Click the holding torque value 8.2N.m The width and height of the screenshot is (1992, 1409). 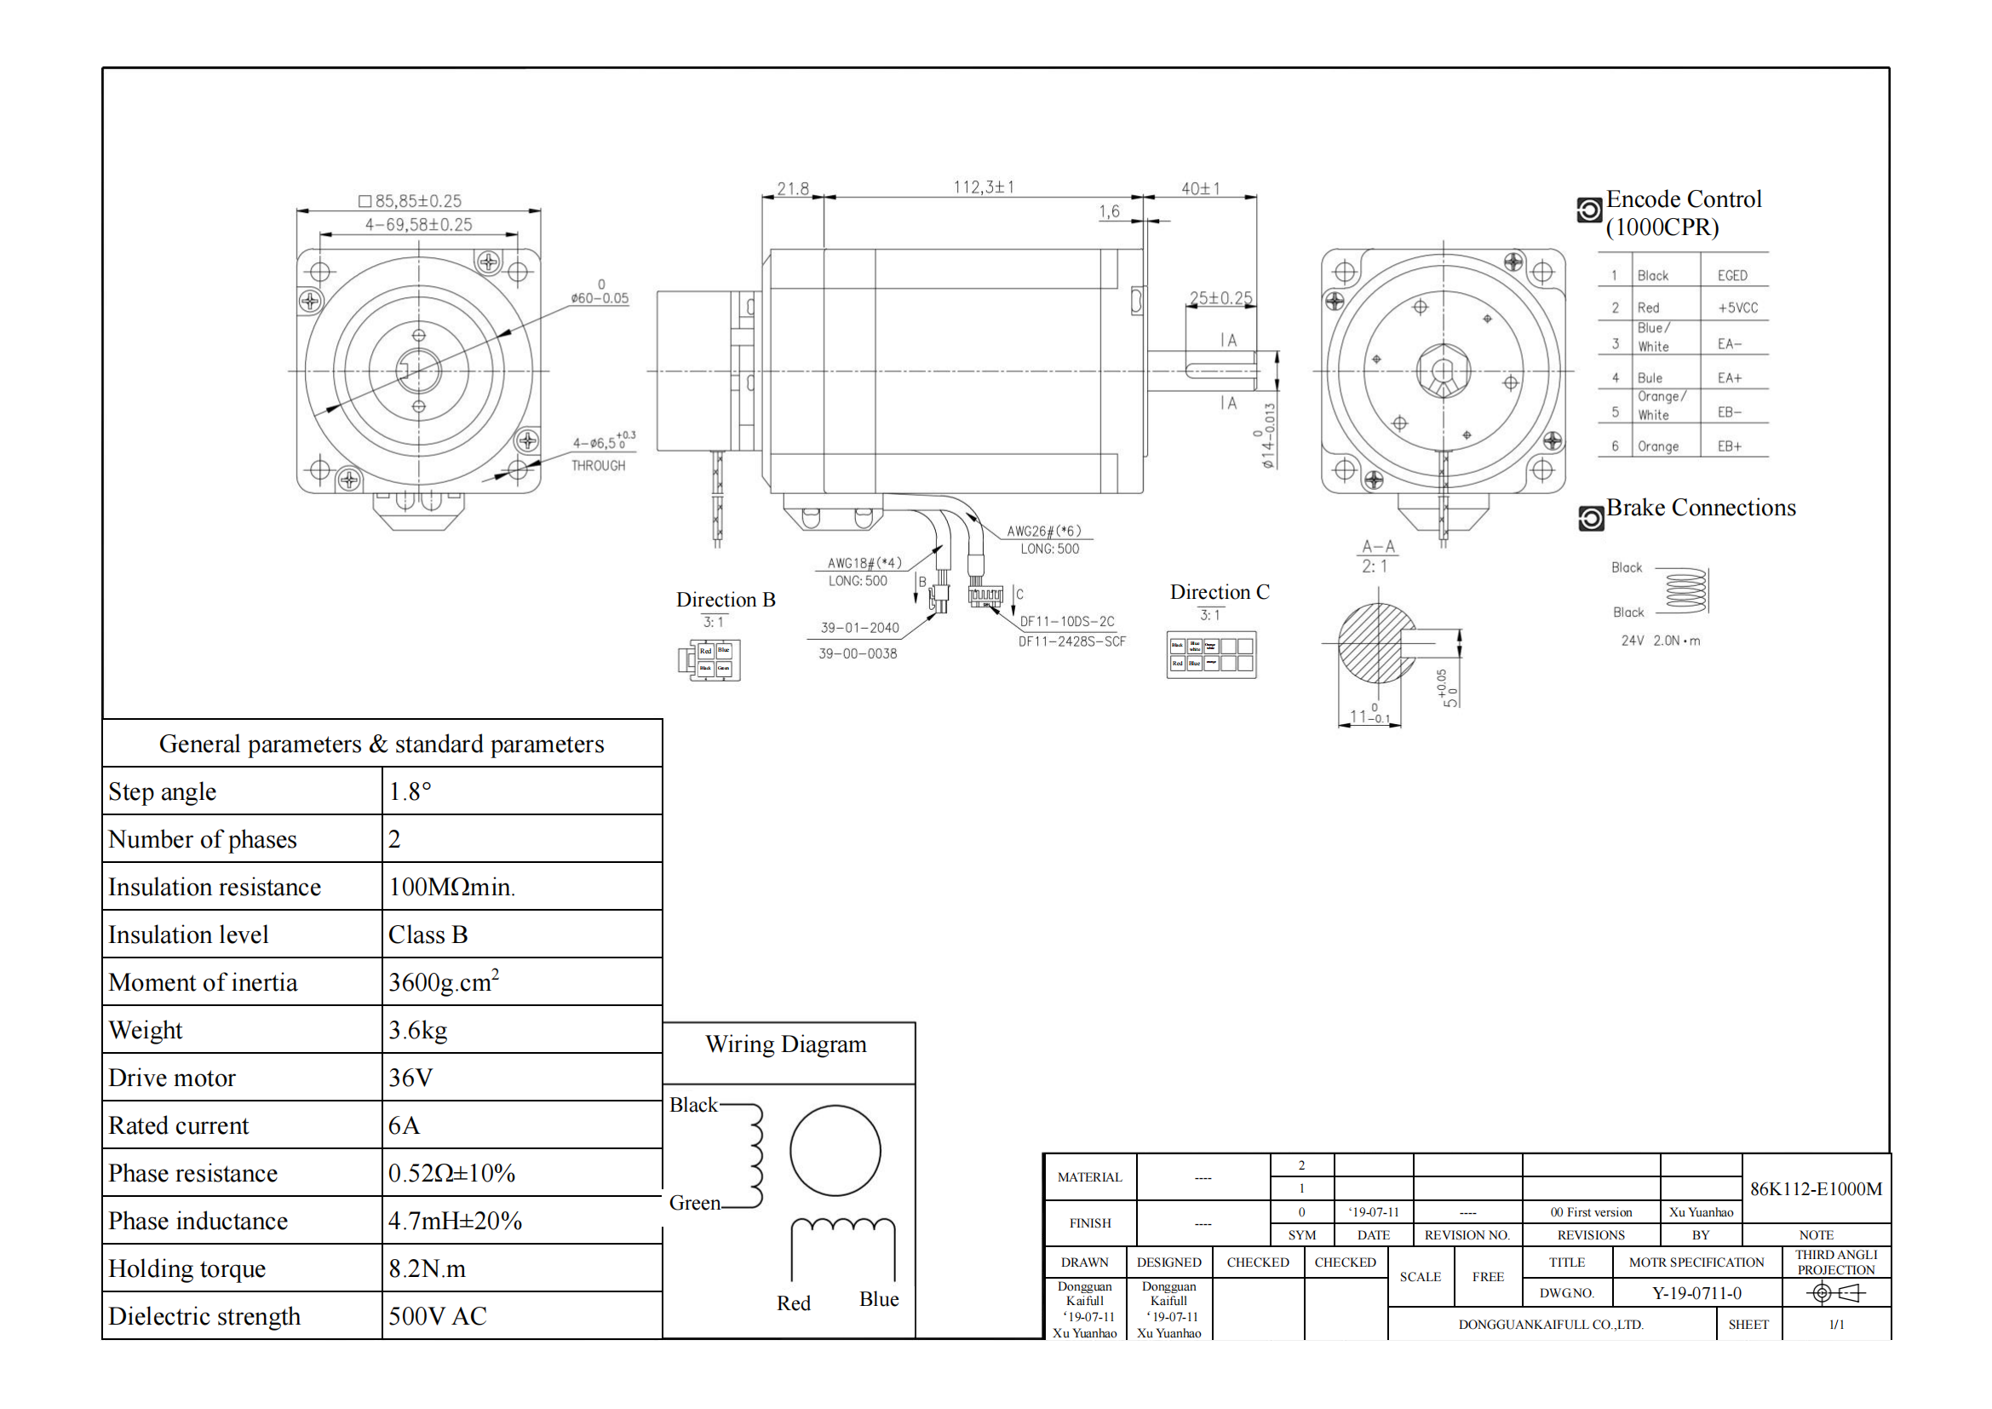[x=427, y=1268]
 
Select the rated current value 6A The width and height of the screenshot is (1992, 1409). [x=405, y=1125]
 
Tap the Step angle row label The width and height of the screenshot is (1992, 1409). [x=163, y=791]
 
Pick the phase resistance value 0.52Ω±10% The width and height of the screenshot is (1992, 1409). [x=451, y=1173]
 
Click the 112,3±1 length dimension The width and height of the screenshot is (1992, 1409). [x=983, y=187]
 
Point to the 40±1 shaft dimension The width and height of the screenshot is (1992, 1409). [x=1200, y=188]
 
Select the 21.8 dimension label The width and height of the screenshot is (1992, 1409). [x=792, y=188]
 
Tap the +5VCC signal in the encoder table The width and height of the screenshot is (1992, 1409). [x=1737, y=308]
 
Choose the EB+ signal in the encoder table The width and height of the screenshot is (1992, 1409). [x=1729, y=446]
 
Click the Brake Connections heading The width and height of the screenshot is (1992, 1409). [x=1701, y=508]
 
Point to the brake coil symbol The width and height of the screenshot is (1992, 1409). [x=1685, y=591]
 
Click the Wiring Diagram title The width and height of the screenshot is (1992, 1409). [x=786, y=1044]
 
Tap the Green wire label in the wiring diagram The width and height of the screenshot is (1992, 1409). [x=694, y=1203]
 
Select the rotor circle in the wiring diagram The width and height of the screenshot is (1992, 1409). [x=835, y=1150]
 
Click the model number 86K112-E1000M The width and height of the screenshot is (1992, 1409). [x=1815, y=1188]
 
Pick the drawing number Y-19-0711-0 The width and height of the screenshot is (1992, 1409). [x=1696, y=1293]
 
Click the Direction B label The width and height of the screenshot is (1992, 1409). [x=726, y=600]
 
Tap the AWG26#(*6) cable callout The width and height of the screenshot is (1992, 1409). [x=1044, y=531]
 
